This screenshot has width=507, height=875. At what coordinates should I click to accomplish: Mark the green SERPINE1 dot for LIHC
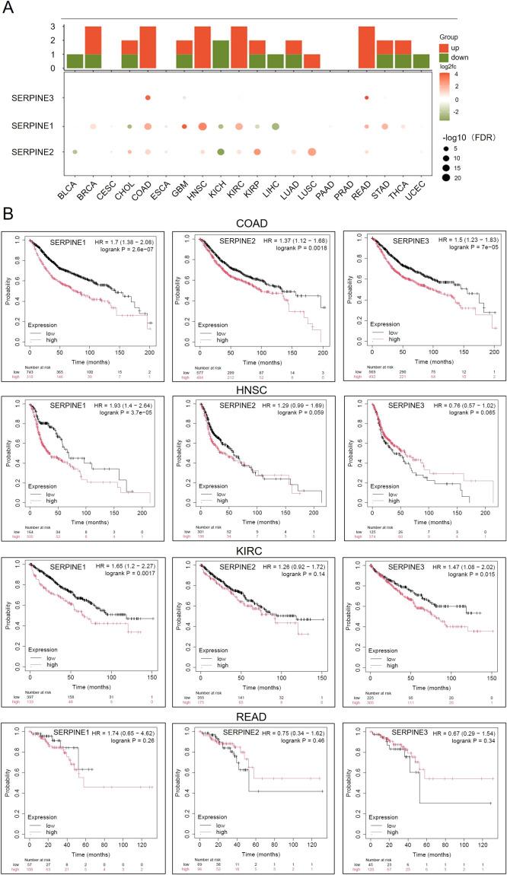tap(276, 126)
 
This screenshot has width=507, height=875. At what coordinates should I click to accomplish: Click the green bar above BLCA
tap(75, 61)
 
